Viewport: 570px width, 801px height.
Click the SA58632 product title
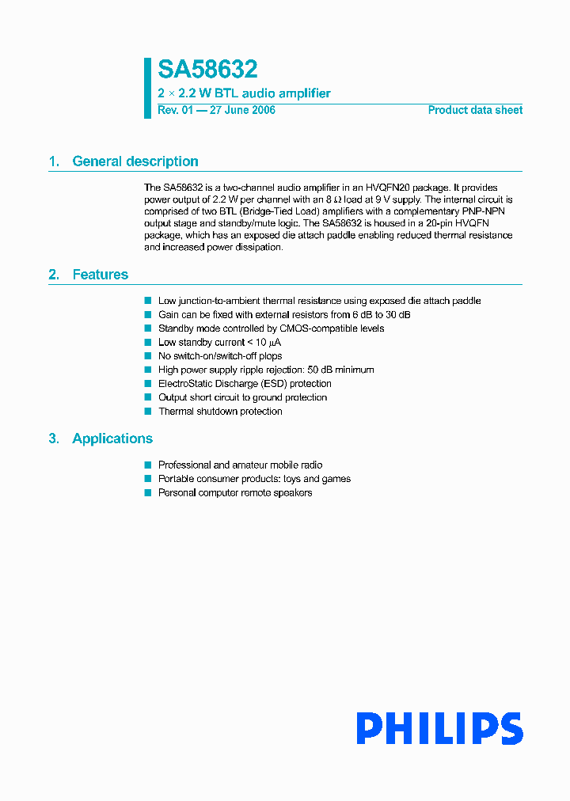point(207,70)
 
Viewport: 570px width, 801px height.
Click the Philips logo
point(439,728)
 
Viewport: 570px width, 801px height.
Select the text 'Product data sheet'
point(475,110)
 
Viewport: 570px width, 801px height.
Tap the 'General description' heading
point(135,161)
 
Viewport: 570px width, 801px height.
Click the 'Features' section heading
point(100,275)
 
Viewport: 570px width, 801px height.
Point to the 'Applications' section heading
point(112,438)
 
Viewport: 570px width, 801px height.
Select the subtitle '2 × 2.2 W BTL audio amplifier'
point(244,93)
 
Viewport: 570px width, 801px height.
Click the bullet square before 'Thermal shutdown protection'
point(147,412)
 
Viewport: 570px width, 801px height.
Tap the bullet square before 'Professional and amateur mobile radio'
point(147,465)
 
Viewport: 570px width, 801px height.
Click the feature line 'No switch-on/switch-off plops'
point(220,356)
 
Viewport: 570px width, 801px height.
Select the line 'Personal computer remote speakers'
point(235,493)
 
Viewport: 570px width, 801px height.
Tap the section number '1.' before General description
point(54,161)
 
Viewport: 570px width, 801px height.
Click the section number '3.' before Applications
point(54,438)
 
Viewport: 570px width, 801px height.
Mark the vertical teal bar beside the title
point(147,88)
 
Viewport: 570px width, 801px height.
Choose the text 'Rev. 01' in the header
point(175,110)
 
